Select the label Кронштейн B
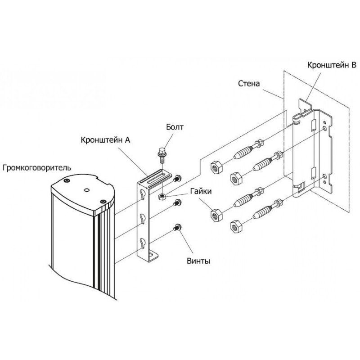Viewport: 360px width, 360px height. pyautogui.click(x=332, y=65)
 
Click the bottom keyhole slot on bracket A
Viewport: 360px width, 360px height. pyautogui.click(x=143, y=244)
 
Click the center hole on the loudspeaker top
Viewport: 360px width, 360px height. pyautogui.click(x=86, y=190)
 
